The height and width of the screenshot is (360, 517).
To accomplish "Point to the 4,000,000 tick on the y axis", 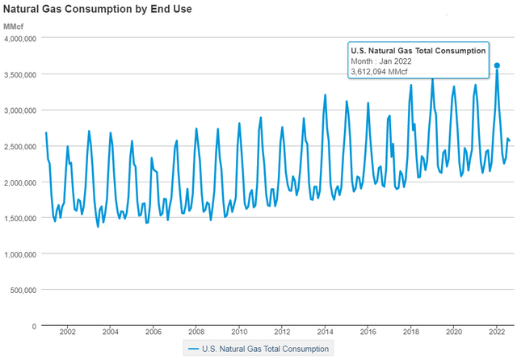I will (x=18, y=38).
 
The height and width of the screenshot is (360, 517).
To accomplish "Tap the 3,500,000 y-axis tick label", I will (x=18, y=74).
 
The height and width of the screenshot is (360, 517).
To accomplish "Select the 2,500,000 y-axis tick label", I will (x=18, y=146).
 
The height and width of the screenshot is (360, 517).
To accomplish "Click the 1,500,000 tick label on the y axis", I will (x=18, y=218).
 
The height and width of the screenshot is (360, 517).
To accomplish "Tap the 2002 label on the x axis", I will (x=67, y=333).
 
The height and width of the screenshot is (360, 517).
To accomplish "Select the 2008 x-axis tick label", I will (x=196, y=333).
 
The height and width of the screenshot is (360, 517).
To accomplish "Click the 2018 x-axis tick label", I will (x=411, y=333).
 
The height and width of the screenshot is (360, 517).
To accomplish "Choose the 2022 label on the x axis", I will (x=498, y=333).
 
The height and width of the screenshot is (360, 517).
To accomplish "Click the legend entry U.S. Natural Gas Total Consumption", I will (x=258, y=349).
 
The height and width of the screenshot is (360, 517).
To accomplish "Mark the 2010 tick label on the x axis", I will (x=239, y=333).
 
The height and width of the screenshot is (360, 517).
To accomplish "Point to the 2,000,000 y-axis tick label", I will (x=18, y=182).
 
